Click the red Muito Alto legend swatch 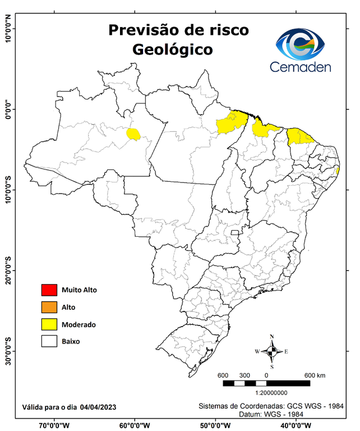click(x=49, y=290)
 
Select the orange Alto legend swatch click(x=49, y=307)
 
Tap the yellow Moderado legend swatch click(x=49, y=324)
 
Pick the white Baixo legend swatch click(x=49, y=341)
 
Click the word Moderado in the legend click(x=79, y=325)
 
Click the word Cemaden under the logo click(x=301, y=67)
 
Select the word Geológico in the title click(x=173, y=49)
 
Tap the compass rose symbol click(x=271, y=351)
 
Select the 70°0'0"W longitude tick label click(x=54, y=425)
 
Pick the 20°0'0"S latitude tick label click(x=7, y=270)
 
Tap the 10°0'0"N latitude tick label click(x=7, y=29)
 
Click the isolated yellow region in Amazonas click(x=133, y=134)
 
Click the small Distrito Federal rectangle click(x=236, y=231)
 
